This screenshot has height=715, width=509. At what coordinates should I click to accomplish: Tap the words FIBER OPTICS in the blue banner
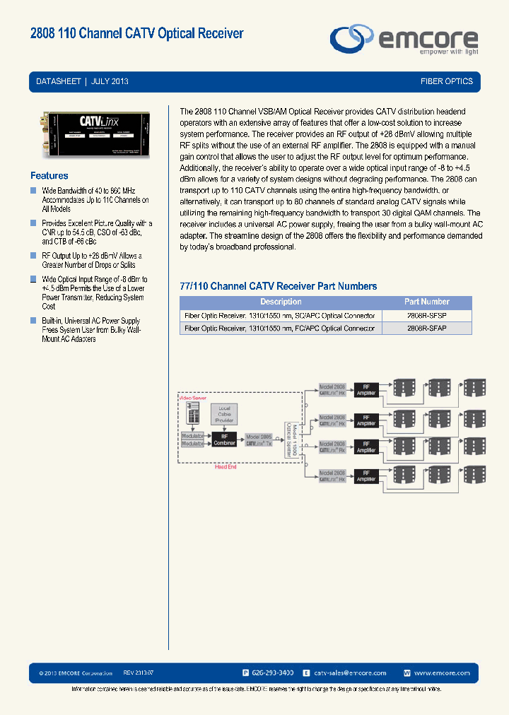coord(446,81)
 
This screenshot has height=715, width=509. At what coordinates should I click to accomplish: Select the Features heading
coord(49,175)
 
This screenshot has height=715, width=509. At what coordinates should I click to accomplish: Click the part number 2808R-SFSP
coord(427,315)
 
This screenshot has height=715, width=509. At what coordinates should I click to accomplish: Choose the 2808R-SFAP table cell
coord(427,328)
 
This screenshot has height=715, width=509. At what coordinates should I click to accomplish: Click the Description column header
coord(281,302)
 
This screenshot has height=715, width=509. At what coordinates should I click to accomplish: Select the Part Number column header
coord(427,302)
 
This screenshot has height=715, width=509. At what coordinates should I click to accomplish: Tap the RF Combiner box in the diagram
coord(225,439)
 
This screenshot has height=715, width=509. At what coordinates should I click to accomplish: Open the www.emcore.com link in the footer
coord(442,673)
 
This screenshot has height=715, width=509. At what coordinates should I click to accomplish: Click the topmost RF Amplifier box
coord(366,390)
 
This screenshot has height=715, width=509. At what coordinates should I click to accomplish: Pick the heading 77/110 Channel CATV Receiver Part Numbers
coord(279,286)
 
